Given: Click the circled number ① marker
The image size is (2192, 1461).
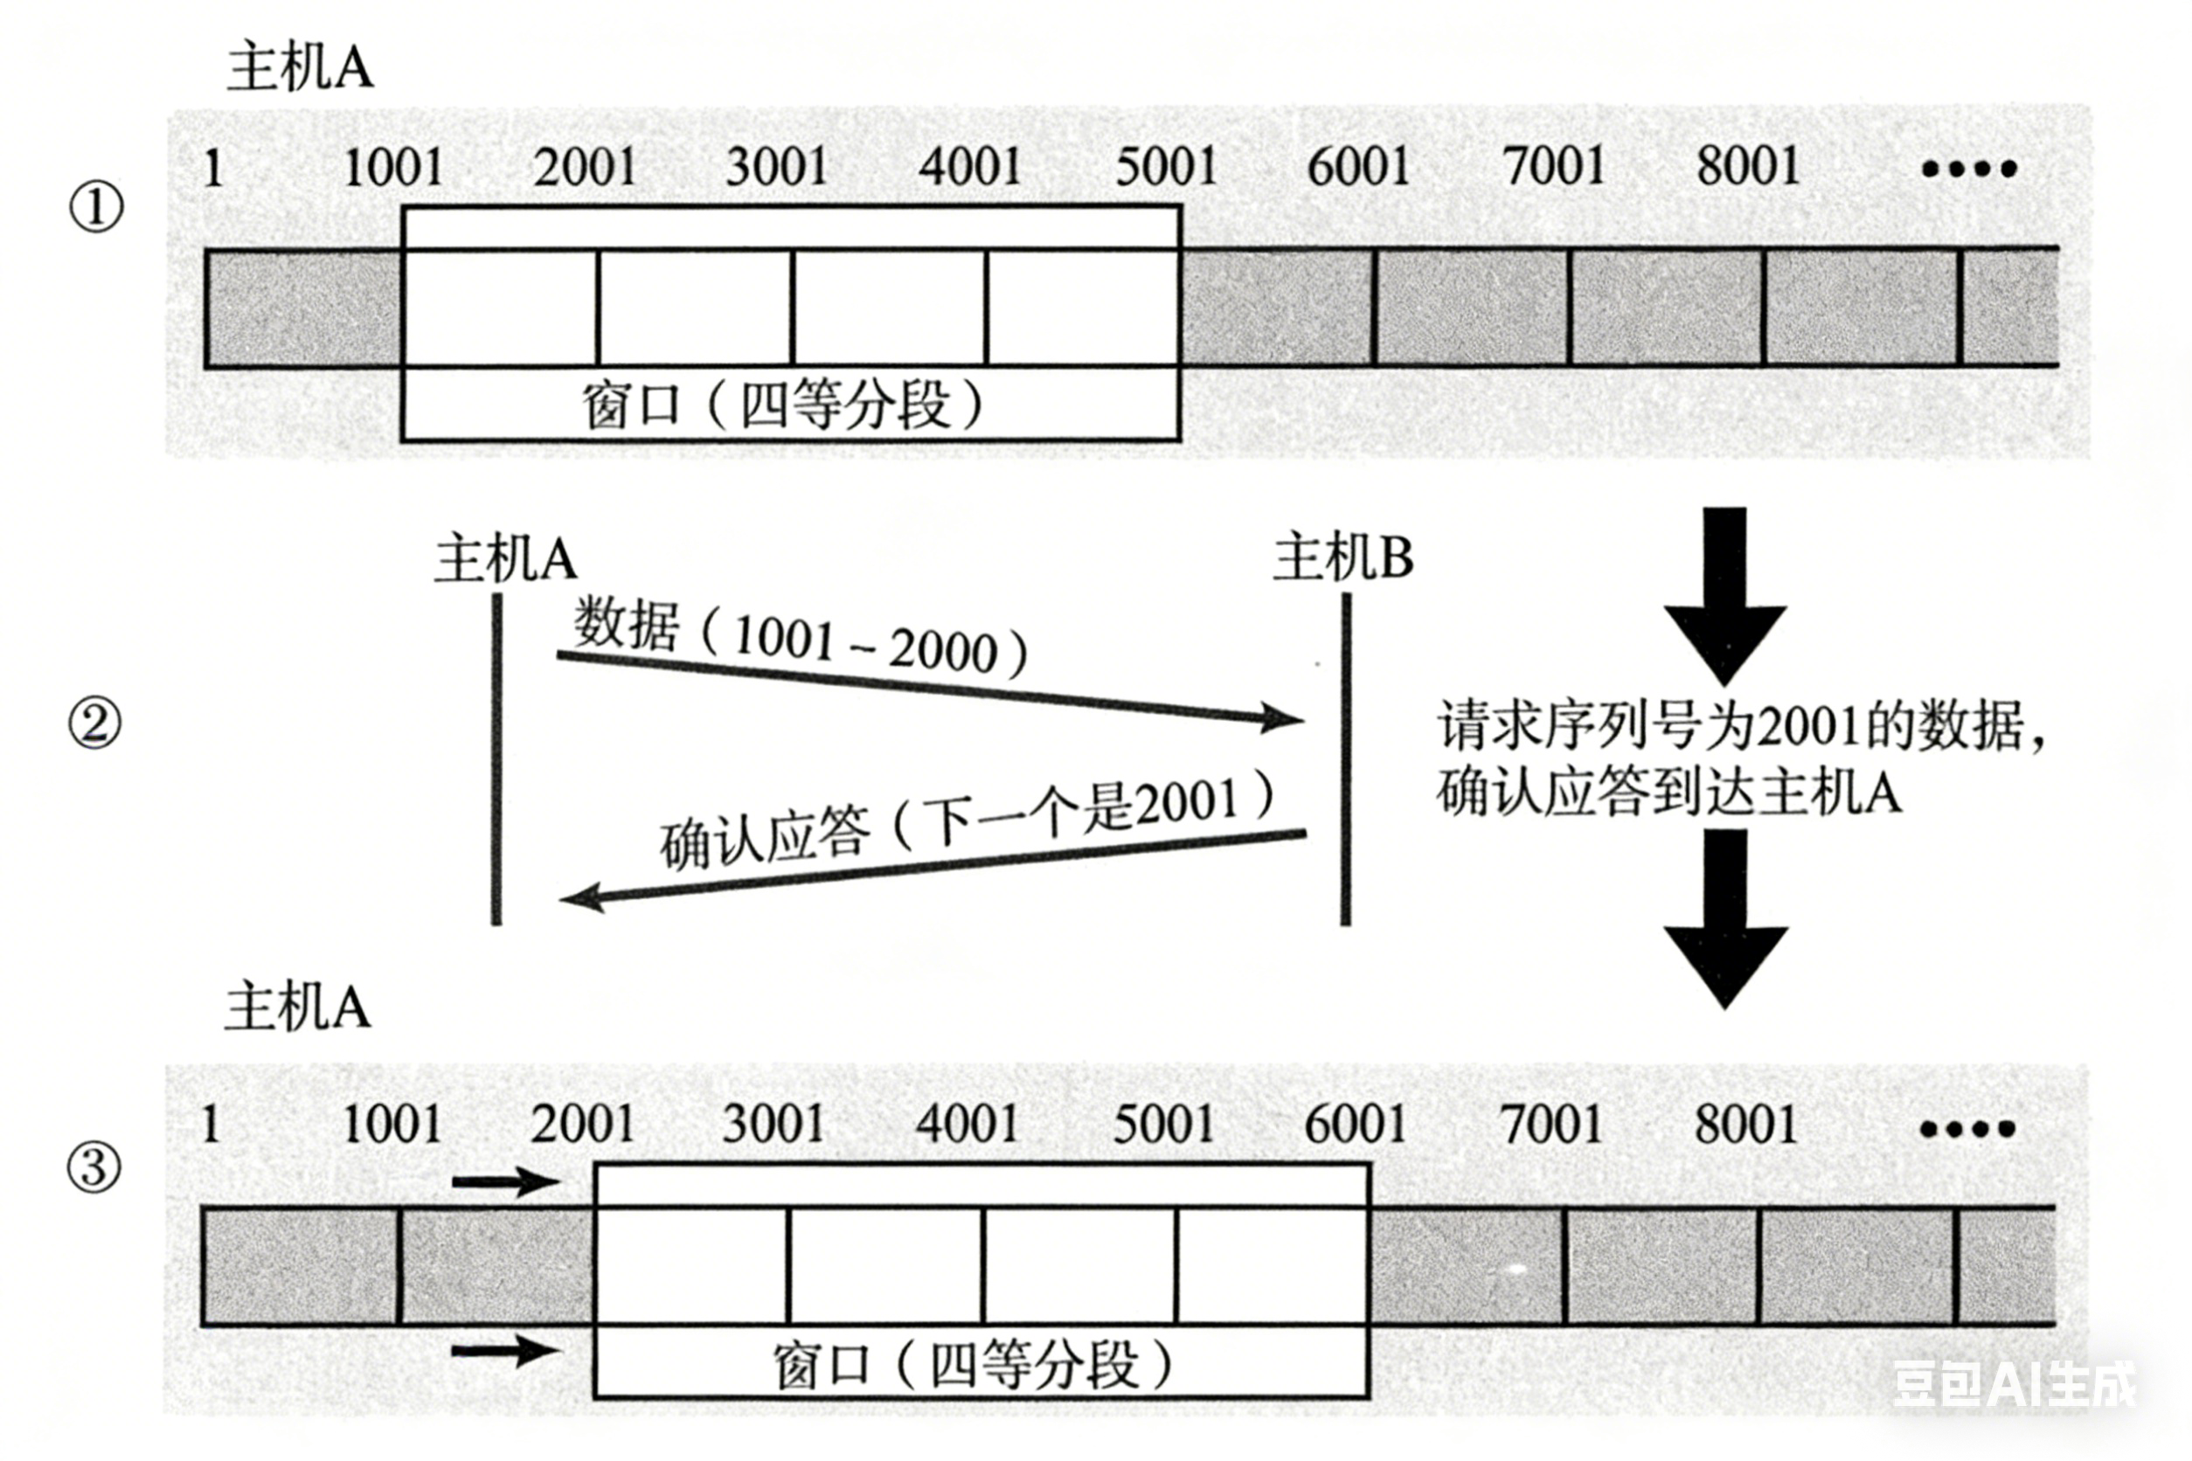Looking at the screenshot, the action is pos(96,207).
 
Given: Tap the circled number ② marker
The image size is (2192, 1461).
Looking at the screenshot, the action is pos(94,724).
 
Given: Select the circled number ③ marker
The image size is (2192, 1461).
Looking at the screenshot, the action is pos(94,1167).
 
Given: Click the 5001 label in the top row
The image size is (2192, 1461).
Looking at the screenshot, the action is pos(1166,168).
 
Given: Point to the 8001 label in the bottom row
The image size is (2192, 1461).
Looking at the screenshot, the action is pos(1745,1125).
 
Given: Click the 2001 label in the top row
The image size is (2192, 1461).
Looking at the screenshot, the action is pos(585,168).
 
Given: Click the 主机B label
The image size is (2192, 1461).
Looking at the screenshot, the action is pos(1343,558).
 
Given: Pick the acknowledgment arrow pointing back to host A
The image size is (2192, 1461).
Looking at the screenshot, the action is pos(932,868).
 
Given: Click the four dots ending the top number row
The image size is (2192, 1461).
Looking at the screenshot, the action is pos(1969,169).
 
